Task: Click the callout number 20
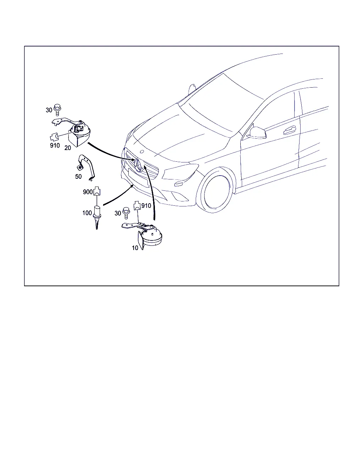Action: coord(67,148)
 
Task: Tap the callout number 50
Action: coord(78,177)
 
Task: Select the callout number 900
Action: coord(88,192)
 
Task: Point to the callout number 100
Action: coord(87,213)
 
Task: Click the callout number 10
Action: coord(135,248)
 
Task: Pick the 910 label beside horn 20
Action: coord(55,145)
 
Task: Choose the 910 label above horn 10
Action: coord(146,206)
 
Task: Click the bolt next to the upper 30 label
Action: coord(57,110)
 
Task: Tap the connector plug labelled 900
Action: coord(97,191)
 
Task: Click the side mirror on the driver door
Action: coord(258,133)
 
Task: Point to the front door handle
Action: coord(289,130)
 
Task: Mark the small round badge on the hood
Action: coord(142,151)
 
